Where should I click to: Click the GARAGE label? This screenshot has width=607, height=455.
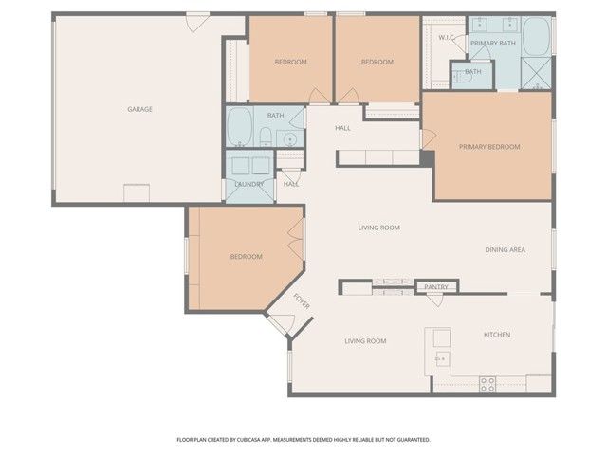139,109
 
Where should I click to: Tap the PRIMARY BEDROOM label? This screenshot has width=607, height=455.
489,147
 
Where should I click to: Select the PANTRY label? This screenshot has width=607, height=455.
436,286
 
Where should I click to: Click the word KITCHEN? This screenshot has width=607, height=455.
497,335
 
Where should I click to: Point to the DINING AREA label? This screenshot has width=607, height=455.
506,250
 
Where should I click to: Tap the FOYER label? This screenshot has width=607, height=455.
302,302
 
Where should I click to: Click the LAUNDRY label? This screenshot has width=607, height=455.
248,184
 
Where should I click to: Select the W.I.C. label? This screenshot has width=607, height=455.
446,38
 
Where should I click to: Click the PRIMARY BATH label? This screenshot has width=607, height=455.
493,44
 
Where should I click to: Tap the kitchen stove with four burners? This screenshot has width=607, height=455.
487,383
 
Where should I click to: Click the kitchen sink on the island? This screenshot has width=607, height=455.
442,358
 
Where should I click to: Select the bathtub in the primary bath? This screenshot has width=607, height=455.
536,37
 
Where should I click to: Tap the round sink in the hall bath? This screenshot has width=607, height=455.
290,139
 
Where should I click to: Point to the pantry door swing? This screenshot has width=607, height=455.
436,300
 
